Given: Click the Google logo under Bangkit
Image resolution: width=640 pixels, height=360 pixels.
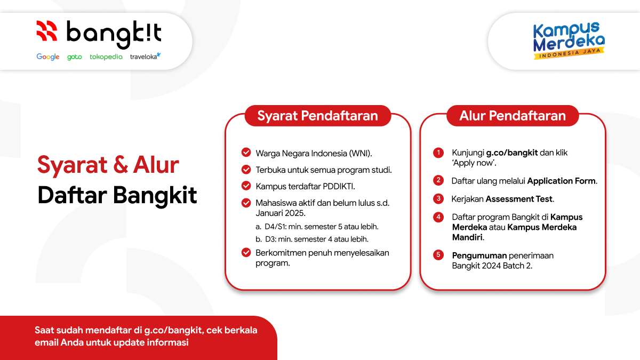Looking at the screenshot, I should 47,57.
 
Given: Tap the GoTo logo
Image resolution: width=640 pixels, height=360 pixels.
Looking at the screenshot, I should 74,57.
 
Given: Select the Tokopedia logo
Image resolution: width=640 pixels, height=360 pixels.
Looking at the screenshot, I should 106,57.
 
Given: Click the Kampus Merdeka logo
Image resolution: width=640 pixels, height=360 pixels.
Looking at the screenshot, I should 569,41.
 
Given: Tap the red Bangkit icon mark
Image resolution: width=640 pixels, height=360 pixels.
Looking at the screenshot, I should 46,31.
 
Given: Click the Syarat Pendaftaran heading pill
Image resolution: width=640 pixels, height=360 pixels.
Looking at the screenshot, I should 317,116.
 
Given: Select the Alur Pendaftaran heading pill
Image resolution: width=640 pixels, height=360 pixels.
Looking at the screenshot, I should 512,116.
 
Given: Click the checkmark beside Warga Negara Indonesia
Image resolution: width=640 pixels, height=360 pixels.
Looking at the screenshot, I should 246,153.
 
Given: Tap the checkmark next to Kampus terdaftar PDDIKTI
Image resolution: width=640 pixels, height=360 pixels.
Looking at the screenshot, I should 246,186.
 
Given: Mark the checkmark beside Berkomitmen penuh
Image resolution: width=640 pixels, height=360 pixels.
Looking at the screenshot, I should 246,252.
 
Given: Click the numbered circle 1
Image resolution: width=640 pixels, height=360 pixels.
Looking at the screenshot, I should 438,153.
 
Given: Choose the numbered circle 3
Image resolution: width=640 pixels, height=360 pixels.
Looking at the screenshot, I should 438,198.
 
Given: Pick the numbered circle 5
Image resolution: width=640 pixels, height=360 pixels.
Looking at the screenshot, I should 438,255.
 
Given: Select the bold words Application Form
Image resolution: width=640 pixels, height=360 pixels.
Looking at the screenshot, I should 562,181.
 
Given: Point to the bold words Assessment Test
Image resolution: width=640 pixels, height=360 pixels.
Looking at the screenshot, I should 519,199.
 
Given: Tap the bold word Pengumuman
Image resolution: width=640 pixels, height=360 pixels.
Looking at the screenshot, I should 479,255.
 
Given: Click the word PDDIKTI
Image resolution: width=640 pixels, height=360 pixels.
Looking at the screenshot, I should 339,186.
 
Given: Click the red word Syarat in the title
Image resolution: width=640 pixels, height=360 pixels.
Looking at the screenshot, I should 67,165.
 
